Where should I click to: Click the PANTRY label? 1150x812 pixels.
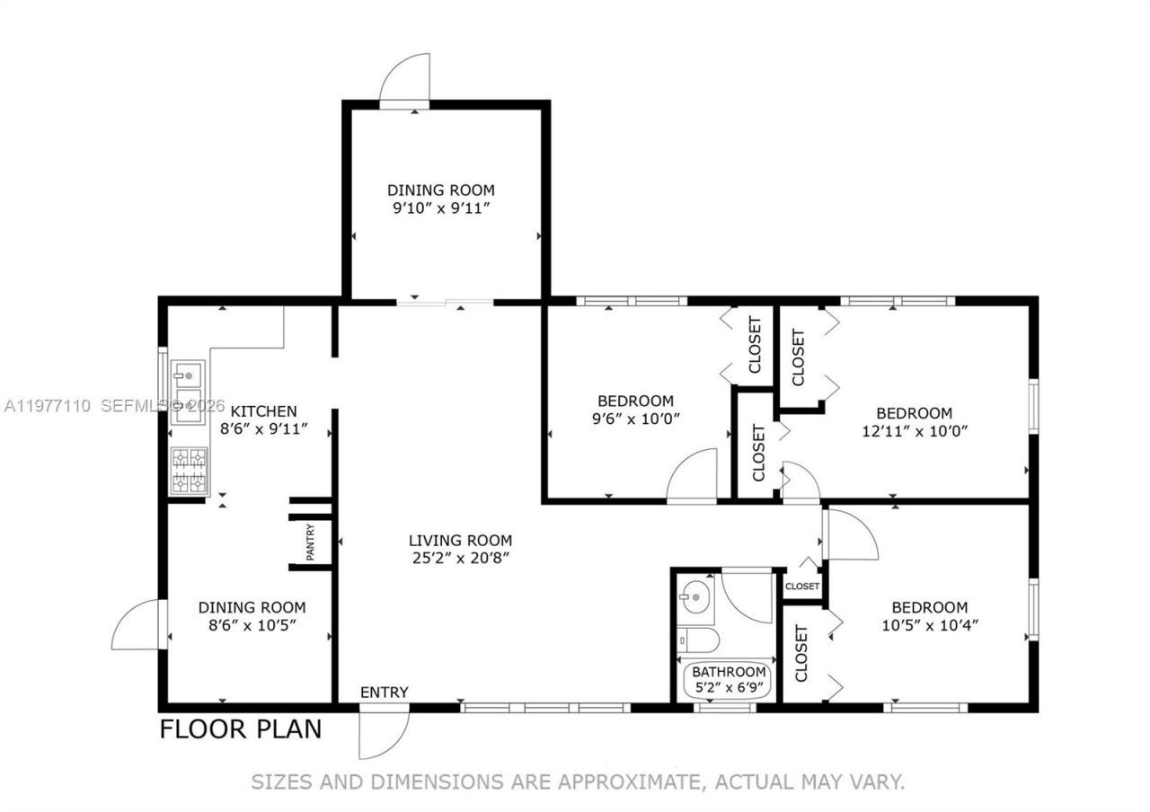pyautogui.click(x=310, y=543)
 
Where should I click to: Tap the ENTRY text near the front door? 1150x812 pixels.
pyautogui.click(x=385, y=693)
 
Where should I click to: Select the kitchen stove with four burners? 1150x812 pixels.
pyautogui.click(x=189, y=472)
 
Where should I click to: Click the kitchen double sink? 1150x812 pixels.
pyautogui.click(x=189, y=392)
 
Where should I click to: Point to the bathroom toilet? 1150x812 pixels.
pyautogui.click(x=697, y=640)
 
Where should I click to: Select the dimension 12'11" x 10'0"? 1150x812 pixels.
pyautogui.click(x=914, y=430)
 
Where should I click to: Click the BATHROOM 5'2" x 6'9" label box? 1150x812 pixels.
pyautogui.click(x=729, y=680)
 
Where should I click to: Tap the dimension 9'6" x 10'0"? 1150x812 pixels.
pyautogui.click(x=635, y=418)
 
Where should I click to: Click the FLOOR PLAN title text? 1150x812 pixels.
pyautogui.click(x=240, y=728)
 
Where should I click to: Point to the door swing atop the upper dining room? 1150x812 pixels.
pyautogui.click(x=404, y=81)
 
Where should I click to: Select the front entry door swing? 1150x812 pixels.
pyautogui.click(x=383, y=732)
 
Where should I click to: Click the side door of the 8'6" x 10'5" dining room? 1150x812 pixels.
pyautogui.click(x=137, y=625)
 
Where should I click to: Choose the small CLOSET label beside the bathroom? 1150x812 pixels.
pyautogui.click(x=802, y=587)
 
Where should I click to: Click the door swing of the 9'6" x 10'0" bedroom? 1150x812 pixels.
pyautogui.click(x=693, y=475)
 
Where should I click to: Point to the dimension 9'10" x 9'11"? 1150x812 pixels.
pyautogui.click(x=440, y=207)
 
